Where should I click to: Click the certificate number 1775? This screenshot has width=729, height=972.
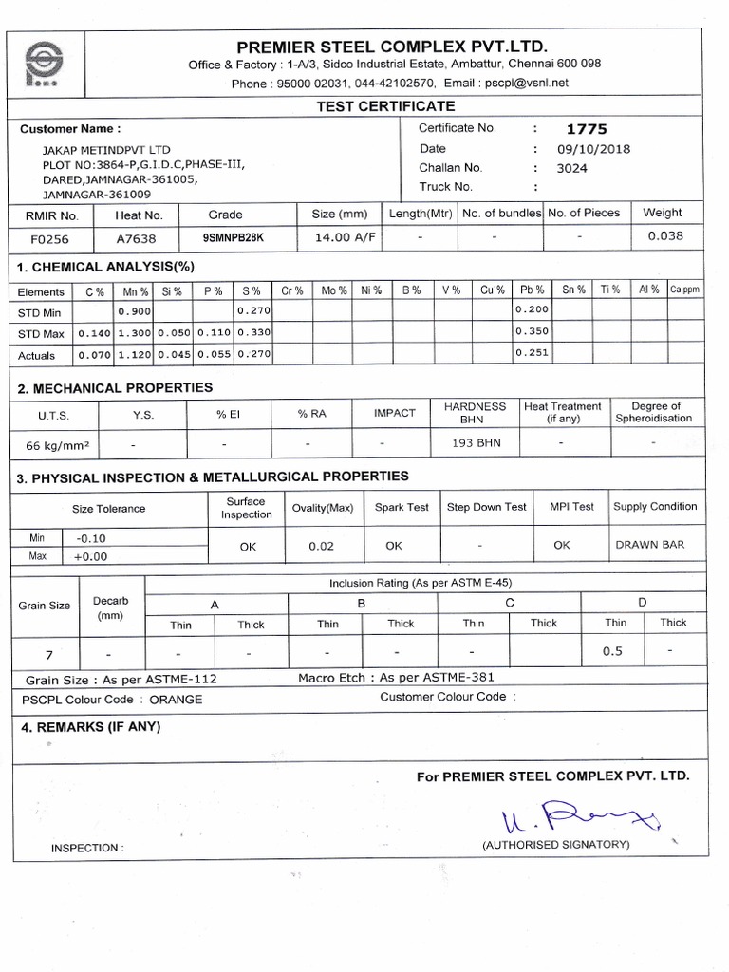tap(587, 129)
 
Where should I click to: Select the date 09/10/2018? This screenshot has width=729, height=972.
tap(593, 149)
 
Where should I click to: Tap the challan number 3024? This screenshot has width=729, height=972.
tap(572, 168)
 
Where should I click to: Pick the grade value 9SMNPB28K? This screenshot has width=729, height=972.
tap(234, 240)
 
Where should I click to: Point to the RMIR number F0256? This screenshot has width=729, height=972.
tap(50, 240)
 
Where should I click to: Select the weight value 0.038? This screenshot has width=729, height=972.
tap(665, 236)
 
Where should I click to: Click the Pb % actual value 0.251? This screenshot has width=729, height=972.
tap(532, 353)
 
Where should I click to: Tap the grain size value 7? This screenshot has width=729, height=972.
tap(47, 655)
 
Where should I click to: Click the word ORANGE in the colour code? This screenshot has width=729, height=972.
tap(176, 700)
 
